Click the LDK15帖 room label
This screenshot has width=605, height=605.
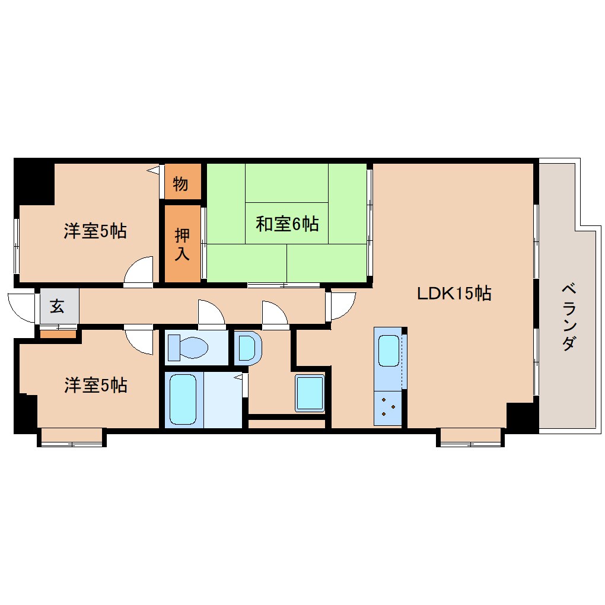pyautogui.click(x=454, y=293)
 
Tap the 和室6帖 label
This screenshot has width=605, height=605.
pyautogui.click(x=287, y=224)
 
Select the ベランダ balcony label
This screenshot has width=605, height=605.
pyautogui.click(x=568, y=317)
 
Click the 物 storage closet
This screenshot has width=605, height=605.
pyautogui.click(x=181, y=184)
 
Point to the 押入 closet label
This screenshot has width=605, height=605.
pyautogui.click(x=181, y=244)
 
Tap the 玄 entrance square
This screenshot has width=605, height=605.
pyautogui.click(x=58, y=307)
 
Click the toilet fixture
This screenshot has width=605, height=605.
pyautogui.click(x=188, y=348)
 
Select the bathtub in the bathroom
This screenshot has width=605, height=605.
pyautogui.click(x=183, y=400)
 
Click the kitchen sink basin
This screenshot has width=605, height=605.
pyautogui.click(x=389, y=350)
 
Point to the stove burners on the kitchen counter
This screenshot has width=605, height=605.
pyautogui.click(x=389, y=407)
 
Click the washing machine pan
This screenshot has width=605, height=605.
pyautogui.click(x=310, y=393)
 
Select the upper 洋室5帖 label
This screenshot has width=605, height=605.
pyautogui.click(x=95, y=231)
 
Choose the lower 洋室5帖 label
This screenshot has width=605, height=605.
pyautogui.click(x=95, y=386)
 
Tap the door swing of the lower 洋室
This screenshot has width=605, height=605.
pyautogui.click(x=140, y=340)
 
